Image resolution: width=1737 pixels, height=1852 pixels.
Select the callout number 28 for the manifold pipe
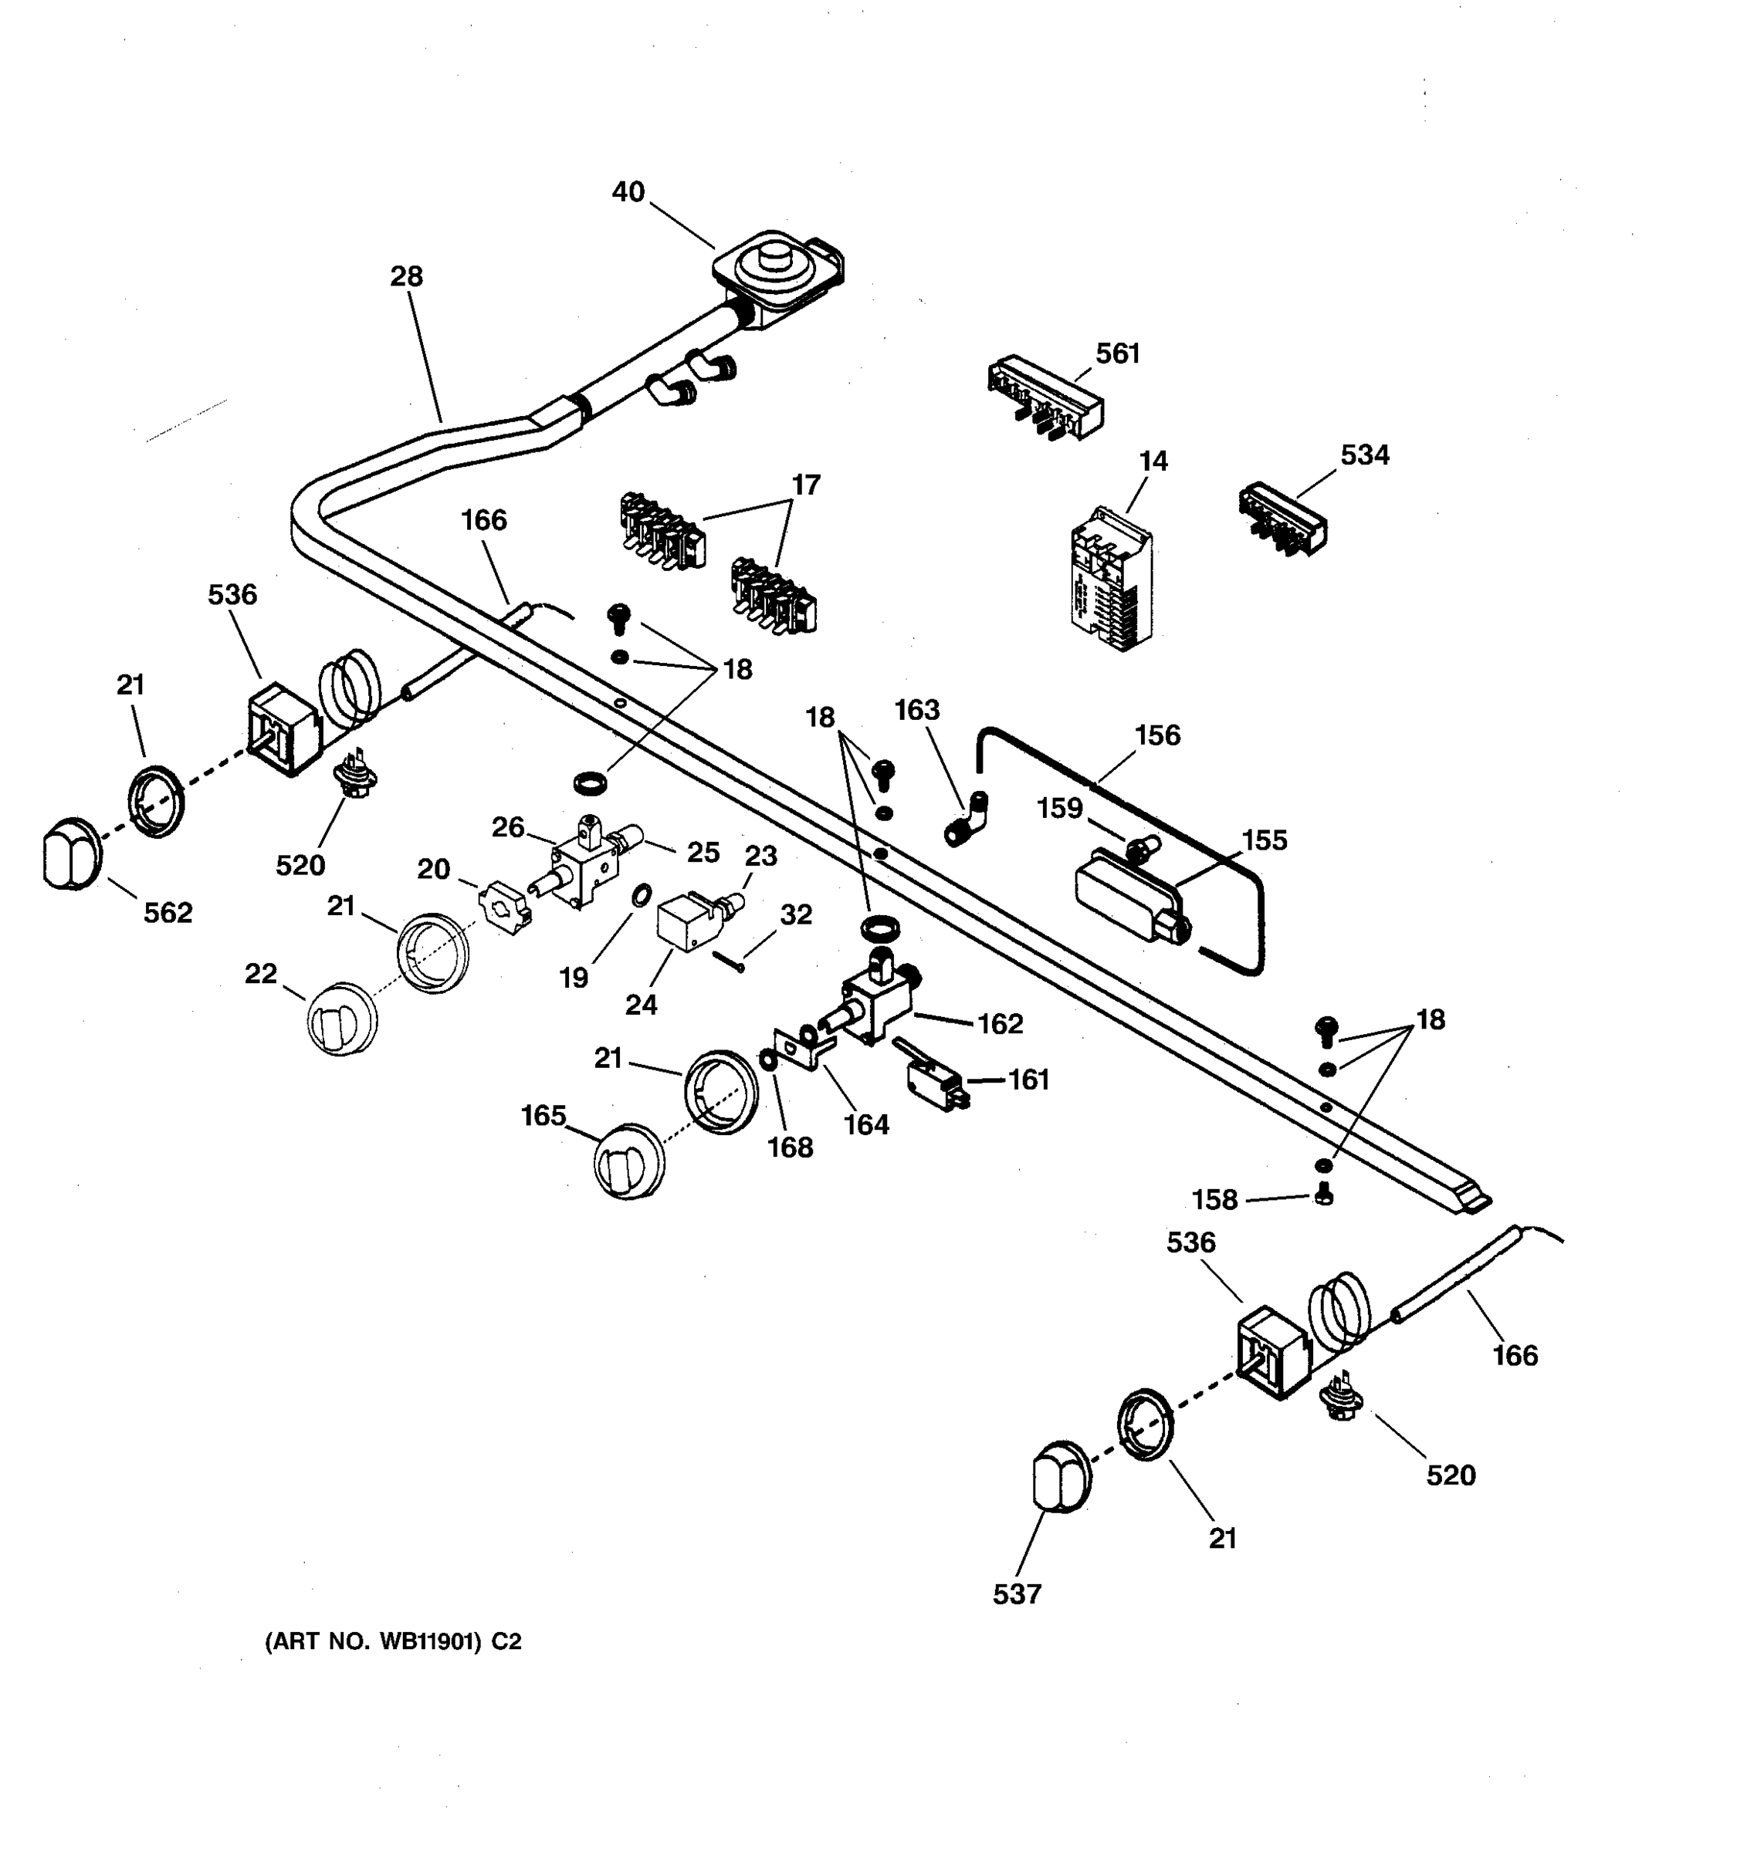[x=406, y=277]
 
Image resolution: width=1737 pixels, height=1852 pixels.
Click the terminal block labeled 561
[x=1045, y=400]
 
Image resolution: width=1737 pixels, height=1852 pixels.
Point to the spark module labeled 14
[x=1111, y=580]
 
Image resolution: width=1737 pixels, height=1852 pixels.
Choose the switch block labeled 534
[x=1282, y=519]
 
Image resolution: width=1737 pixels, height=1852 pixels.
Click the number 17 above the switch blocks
[x=806, y=485]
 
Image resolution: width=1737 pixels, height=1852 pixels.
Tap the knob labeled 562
[x=71, y=853]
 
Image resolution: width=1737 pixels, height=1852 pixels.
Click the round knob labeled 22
[x=341, y=1019]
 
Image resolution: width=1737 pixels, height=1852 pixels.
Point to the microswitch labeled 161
[x=935, y=1080]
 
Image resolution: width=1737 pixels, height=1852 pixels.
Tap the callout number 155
[x=1264, y=840]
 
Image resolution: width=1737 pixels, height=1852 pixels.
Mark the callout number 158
[x=1214, y=1200]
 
